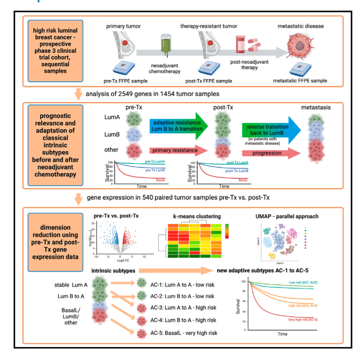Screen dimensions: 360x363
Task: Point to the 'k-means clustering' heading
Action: (x=190, y=216)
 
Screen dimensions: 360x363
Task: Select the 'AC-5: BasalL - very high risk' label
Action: (x=184, y=333)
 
